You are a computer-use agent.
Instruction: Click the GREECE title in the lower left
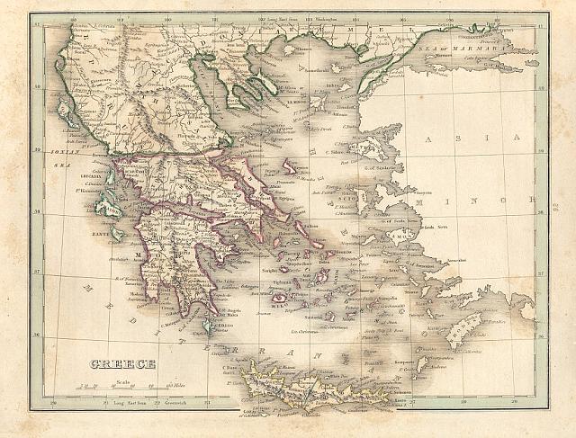(x=122, y=364)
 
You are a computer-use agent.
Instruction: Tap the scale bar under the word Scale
(x=122, y=387)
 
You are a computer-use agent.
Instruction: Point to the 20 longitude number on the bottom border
(x=56, y=403)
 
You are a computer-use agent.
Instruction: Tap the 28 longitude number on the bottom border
(x=463, y=403)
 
